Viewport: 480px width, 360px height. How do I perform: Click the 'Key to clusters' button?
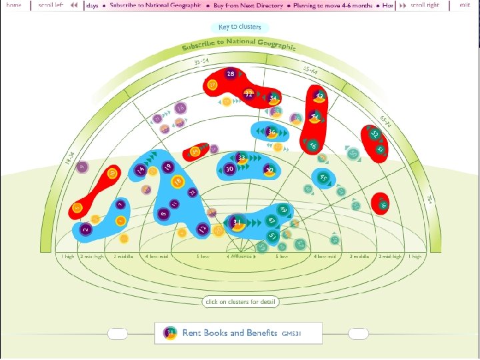tap(239, 27)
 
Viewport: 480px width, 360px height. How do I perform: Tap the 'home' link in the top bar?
tap(13, 5)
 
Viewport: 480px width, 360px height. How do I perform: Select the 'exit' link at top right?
tap(465, 5)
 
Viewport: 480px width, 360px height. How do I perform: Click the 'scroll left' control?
tap(57, 5)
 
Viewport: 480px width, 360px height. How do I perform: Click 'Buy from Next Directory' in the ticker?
tap(248, 5)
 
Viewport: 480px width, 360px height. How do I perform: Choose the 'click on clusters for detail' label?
tap(240, 302)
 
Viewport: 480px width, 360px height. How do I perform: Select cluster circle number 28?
tap(231, 74)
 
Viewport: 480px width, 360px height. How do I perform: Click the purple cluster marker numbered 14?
tap(140, 171)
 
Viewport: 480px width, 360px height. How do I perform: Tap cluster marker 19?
tap(167, 167)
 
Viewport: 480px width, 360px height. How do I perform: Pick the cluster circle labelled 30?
tap(229, 170)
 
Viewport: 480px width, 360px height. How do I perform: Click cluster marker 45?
tap(323, 178)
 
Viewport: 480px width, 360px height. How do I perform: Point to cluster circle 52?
tap(375, 134)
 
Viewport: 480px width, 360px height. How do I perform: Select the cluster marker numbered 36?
tap(271, 132)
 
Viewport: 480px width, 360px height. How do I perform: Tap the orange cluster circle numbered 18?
tap(177, 181)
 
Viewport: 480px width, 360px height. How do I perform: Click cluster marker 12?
tap(202, 229)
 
